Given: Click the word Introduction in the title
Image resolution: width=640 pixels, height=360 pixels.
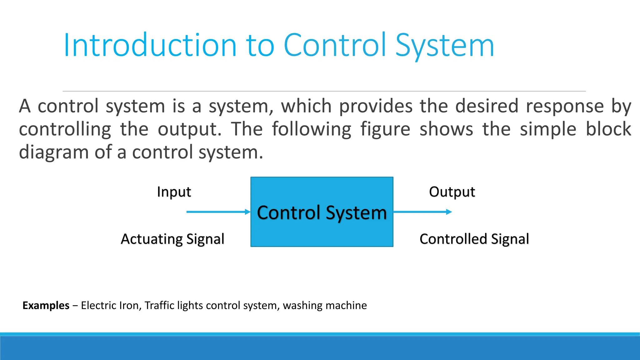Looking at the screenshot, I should [150, 46].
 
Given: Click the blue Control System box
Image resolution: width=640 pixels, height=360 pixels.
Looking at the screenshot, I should [322, 231].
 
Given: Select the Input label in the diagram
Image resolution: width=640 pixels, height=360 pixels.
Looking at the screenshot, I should [174, 192].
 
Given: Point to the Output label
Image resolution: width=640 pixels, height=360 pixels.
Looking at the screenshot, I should [452, 192].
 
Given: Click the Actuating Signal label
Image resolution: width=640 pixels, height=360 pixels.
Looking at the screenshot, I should [172, 239].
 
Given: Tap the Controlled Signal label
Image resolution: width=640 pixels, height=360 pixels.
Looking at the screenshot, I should [474, 239].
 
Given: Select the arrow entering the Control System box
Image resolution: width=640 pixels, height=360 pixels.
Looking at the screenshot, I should [218, 212].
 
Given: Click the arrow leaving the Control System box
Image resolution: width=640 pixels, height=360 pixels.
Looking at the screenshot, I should [422, 212].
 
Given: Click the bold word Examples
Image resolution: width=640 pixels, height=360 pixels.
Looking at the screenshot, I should [46, 305].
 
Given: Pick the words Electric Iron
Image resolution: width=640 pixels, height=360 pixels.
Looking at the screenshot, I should [110, 305].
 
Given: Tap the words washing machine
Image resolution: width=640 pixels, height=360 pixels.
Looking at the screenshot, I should [325, 305].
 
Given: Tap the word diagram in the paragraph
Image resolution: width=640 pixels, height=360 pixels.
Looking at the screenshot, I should [54, 152].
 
